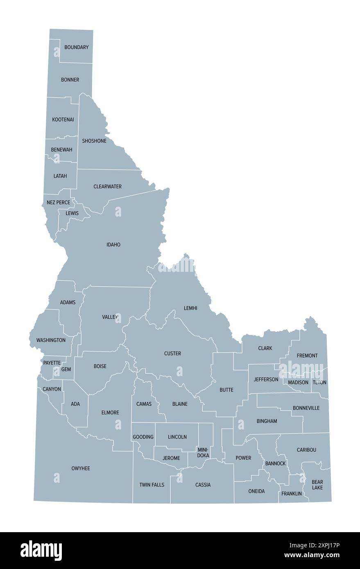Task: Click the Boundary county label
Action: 76,47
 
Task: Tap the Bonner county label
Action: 70,80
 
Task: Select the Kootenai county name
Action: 63,120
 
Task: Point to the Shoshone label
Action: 94,141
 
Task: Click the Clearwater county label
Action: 107,187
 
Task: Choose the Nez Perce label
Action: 58,203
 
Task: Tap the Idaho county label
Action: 113,245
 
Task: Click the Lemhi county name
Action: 190,308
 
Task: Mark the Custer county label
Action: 172,354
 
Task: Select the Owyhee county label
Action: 81,468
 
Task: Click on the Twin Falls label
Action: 152,485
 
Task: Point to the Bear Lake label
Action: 317,485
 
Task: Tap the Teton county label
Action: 319,382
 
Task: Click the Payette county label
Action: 52,363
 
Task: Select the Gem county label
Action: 66,369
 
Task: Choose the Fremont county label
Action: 307,356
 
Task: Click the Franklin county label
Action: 292,494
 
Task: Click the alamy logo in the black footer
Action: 41,550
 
